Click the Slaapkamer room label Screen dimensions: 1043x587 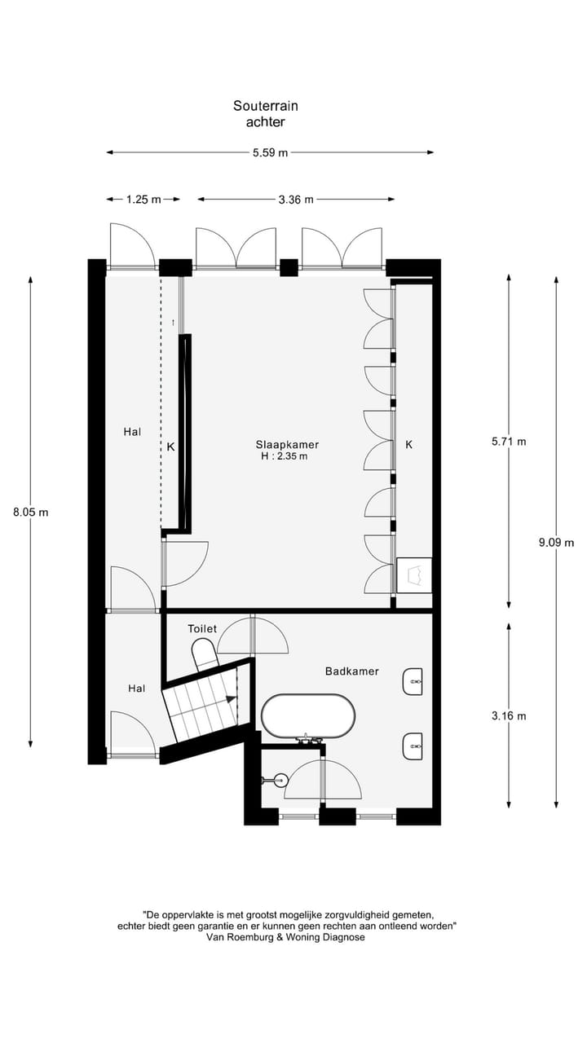287,444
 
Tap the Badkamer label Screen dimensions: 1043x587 351,671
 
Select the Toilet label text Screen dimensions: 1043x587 202,629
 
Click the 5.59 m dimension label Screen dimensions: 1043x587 270,152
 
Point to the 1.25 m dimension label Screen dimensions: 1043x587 143,199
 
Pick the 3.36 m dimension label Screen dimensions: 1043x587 296,199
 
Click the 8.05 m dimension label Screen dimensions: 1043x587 31,513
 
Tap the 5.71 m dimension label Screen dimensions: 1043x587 509,442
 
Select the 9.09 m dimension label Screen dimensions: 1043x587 557,543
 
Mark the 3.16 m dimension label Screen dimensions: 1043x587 509,715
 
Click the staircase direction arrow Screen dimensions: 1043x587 231,698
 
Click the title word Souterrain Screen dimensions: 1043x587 265,106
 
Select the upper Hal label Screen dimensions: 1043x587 132,432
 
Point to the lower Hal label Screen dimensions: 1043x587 137,689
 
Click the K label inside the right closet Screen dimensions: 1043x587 409,444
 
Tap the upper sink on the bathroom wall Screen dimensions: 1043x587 413,681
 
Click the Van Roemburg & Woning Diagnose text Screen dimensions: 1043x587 286,937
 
